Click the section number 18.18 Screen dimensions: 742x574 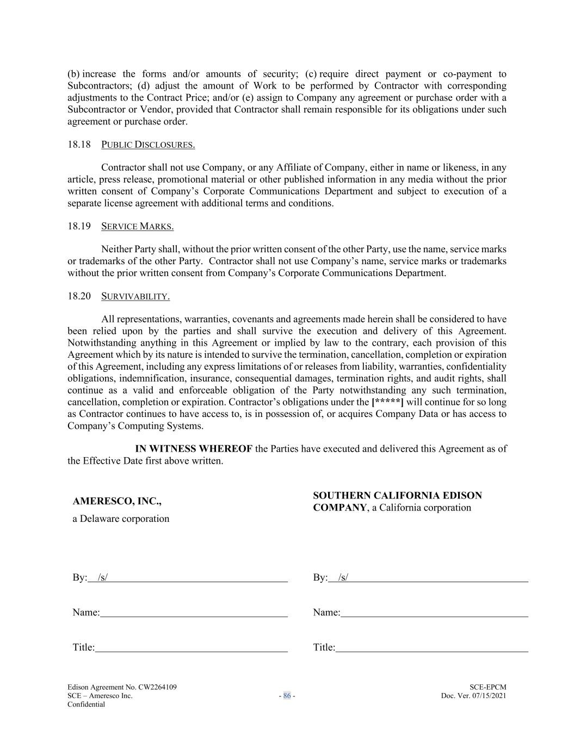click(79, 145)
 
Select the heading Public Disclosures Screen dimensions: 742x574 click(148, 145)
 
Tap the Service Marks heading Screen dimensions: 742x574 click(137, 226)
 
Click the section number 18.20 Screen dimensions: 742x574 click(79, 296)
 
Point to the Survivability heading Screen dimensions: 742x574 click(135, 296)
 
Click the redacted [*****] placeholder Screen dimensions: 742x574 click(387, 402)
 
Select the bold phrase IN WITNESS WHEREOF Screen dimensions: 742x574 click(194, 449)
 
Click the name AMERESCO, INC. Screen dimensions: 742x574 click(117, 501)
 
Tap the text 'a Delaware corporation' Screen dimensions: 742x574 click(121, 519)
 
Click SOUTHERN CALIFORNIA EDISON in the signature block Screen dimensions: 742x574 click(397, 496)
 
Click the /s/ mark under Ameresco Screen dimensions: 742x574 click(102, 577)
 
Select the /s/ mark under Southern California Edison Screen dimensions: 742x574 click(343, 577)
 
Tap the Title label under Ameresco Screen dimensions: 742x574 click(83, 647)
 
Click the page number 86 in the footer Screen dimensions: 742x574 click(287, 696)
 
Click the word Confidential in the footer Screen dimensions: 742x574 click(86, 704)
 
